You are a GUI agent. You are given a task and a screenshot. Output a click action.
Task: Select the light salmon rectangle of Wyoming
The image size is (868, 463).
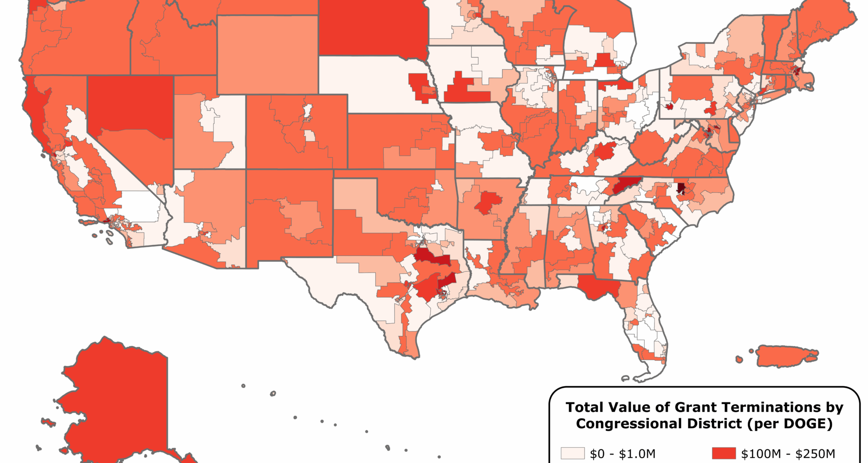click(268, 54)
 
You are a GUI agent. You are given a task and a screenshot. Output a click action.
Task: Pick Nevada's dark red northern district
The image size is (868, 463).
click(130, 104)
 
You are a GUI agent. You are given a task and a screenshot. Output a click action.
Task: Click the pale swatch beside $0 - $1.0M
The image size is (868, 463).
click(572, 454)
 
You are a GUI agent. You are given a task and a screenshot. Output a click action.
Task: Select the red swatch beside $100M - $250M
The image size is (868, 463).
click(724, 454)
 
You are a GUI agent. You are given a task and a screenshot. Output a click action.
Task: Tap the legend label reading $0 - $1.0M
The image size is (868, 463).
click(623, 454)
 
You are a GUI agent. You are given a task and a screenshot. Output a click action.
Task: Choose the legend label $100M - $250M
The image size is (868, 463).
click(788, 454)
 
